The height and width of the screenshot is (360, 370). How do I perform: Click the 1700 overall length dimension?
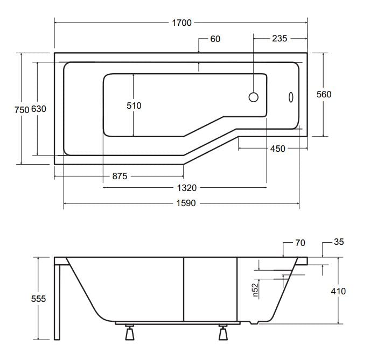[x=181, y=23]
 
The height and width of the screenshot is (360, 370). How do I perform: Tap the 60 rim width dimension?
[x=215, y=39]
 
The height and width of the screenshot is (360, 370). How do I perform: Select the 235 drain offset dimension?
[x=280, y=38]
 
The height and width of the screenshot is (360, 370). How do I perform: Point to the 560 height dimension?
[x=324, y=94]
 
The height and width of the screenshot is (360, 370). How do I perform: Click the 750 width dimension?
[x=22, y=110]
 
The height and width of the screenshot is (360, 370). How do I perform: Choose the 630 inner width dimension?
[x=39, y=109]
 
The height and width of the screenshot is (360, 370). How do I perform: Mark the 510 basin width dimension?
[x=134, y=105]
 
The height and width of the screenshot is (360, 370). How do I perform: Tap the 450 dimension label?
[x=278, y=149]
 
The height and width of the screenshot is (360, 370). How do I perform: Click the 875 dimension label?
[x=120, y=176]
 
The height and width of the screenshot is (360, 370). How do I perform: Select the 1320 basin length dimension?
[x=187, y=188]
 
